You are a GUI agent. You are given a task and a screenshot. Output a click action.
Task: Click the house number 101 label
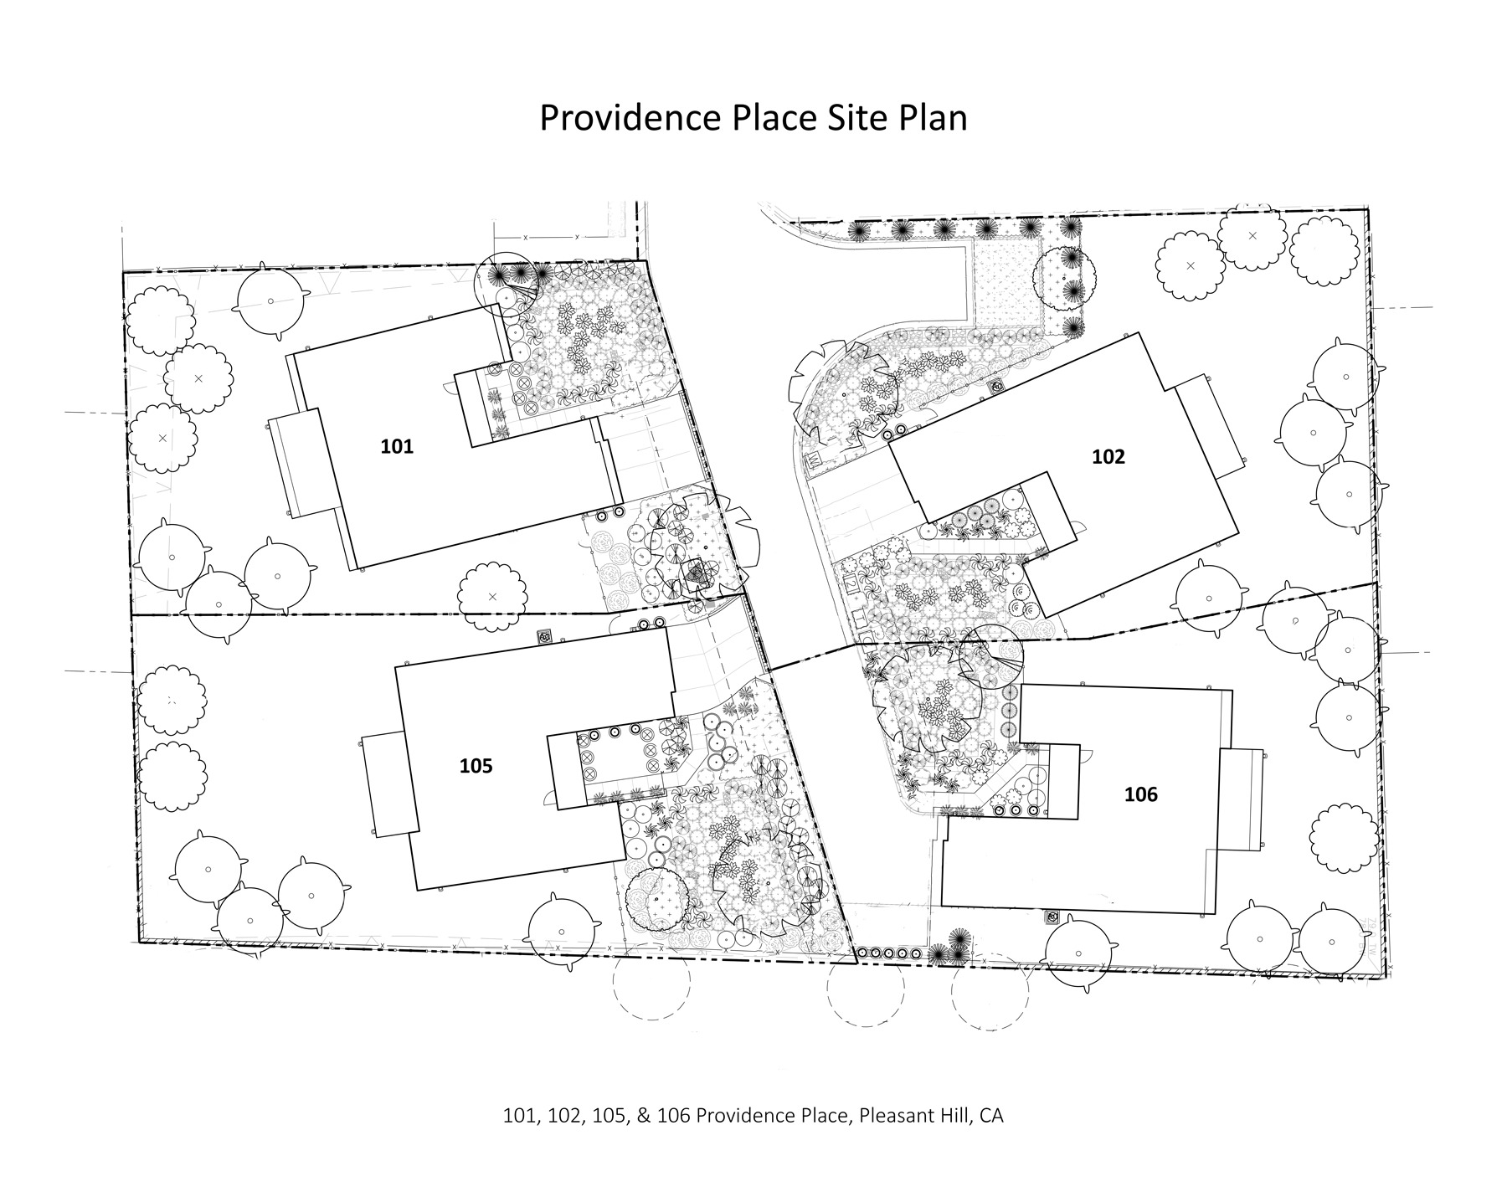click(397, 446)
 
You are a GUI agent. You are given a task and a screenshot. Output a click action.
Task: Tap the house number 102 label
click(1108, 456)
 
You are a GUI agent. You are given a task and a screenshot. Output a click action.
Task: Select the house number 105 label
click(476, 766)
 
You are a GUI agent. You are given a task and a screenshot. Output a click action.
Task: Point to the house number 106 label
click(1141, 794)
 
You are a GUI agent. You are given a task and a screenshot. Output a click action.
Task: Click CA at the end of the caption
click(992, 1116)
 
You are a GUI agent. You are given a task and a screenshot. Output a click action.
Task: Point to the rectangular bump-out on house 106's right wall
click(1240, 799)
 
